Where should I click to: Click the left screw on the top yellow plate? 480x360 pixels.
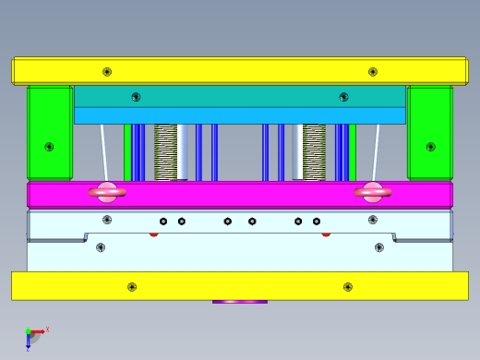107,72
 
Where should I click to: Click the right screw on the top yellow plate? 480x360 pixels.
373,72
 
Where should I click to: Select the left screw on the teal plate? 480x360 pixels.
136,97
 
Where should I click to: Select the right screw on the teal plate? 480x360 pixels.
343,97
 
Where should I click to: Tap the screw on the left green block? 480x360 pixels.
49,147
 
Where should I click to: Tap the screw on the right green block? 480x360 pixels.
430,147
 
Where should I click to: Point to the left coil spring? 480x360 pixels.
166,152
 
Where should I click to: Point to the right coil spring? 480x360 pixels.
314,152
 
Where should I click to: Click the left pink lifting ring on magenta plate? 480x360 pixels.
107,192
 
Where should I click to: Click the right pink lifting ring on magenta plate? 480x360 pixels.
372,192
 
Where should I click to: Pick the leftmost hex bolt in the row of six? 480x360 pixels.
163,222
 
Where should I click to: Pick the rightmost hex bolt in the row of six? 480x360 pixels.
317,222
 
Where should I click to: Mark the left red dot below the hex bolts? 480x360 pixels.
154,234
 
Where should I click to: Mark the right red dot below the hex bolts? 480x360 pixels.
326,234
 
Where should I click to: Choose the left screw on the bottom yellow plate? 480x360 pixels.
132,287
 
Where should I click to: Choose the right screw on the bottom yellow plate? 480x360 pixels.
348,287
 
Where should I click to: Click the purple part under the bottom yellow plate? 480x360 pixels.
240,302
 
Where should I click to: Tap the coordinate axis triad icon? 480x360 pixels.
32,336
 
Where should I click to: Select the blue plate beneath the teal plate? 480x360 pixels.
240,115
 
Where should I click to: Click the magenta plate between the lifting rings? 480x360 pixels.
240,195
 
